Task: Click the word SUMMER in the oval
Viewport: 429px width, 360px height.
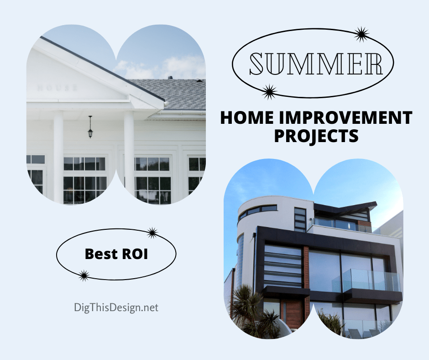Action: click(316, 64)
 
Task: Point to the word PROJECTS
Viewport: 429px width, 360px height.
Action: click(316, 136)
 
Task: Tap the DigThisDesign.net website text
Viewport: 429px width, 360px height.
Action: click(116, 307)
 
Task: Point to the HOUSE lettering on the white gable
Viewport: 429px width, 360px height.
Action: click(57, 88)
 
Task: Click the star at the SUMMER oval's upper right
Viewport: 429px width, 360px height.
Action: click(361, 34)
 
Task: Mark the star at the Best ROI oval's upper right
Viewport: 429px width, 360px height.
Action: click(152, 233)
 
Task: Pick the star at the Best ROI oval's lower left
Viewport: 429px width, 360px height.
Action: click(84, 275)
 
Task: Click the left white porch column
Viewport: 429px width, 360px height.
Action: click(58, 155)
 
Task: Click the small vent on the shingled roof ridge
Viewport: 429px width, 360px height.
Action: click(170, 78)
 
